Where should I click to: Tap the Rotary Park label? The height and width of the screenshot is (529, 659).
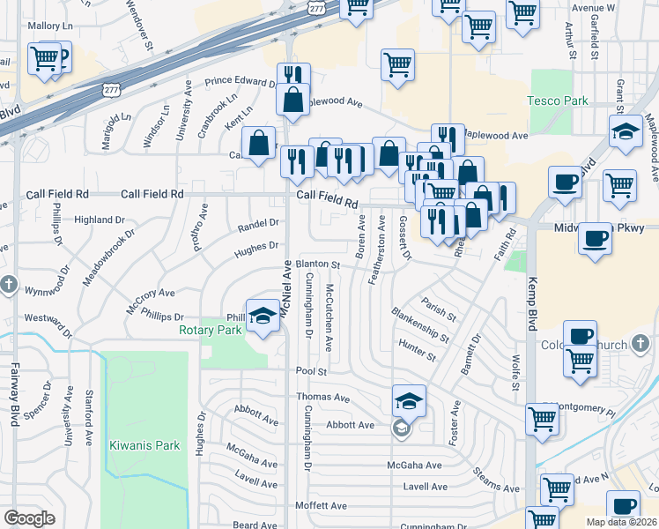click(211, 331)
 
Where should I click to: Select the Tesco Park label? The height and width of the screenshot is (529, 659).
click(558, 101)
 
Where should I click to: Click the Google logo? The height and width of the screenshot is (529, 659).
click(29, 518)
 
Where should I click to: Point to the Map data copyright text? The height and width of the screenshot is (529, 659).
click(621, 522)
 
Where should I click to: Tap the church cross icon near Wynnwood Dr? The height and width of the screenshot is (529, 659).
click(8, 285)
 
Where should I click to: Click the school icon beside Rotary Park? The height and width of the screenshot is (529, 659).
click(263, 318)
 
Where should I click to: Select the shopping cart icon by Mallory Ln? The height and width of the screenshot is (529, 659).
click(44, 60)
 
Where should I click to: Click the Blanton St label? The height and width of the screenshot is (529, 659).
click(317, 264)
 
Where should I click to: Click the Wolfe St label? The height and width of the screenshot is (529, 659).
click(513, 373)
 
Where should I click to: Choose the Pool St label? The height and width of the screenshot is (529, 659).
click(311, 372)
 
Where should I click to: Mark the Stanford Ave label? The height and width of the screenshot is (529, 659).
click(89, 413)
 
